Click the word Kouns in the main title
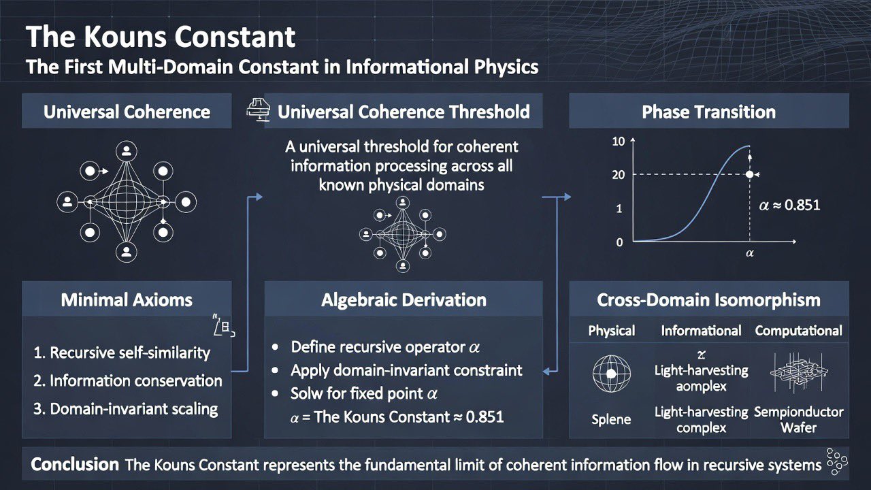[126, 37]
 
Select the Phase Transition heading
[708, 112]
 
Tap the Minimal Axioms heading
[127, 300]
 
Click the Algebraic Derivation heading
[404, 300]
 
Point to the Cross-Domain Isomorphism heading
[708, 300]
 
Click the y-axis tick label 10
[619, 142]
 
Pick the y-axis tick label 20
[619, 175]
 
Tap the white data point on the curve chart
[750, 175]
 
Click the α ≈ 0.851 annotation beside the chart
[789, 205]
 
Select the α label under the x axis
[750, 253]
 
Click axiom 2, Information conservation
[128, 380]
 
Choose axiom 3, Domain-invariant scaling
[126, 409]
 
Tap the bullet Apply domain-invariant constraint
[406, 371]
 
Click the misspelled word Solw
[307, 393]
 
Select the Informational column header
[701, 331]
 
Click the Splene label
[611, 420]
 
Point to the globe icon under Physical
[611, 374]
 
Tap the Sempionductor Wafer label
[799, 420]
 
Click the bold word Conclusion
[75, 465]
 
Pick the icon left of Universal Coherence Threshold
[258, 110]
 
